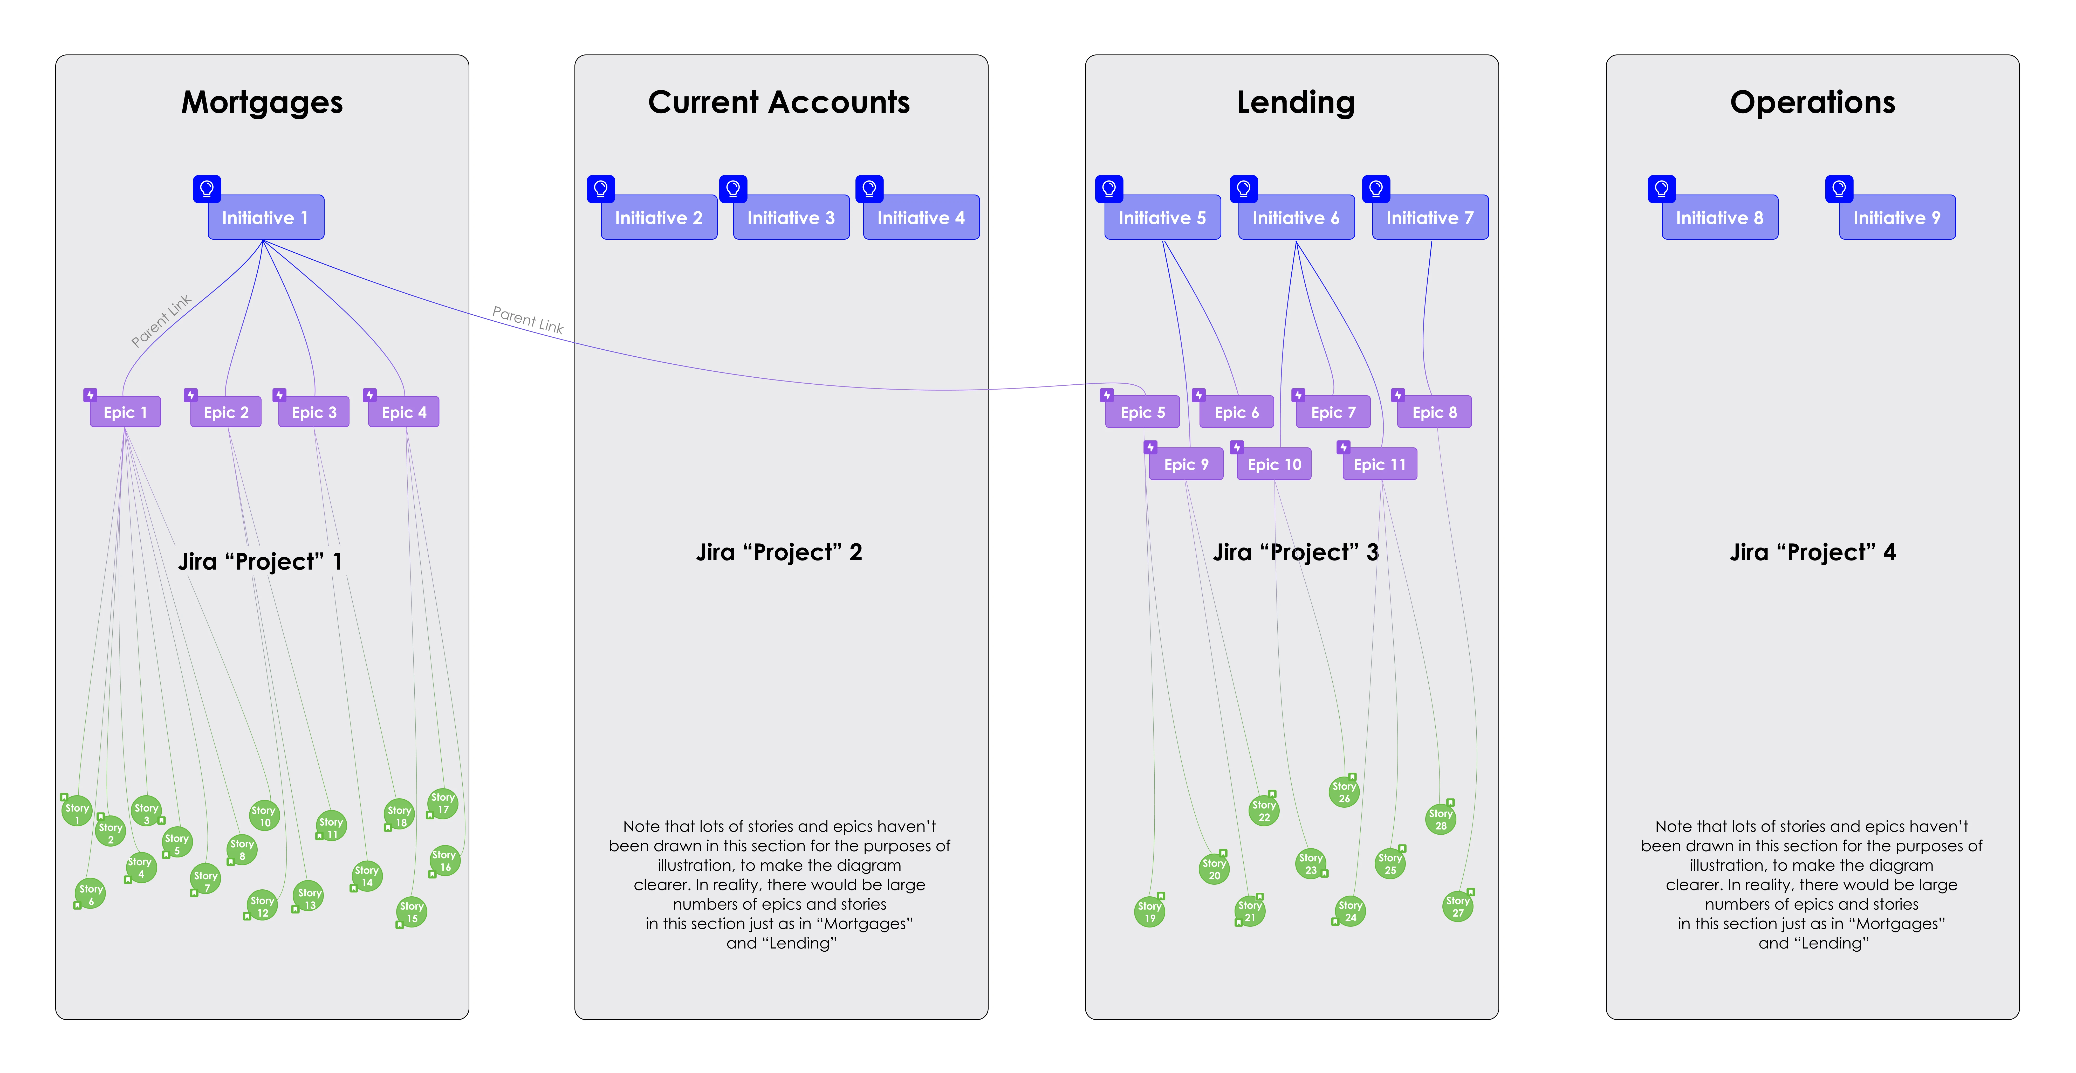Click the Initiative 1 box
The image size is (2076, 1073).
coord(266,218)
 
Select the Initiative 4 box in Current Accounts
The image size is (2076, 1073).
coord(921,218)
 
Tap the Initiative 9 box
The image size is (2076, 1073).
coord(1897,218)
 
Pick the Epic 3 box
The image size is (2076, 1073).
coord(313,412)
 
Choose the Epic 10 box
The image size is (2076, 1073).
coord(1274,464)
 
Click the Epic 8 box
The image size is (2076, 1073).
coord(1435,412)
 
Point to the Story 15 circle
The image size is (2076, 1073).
coord(412,912)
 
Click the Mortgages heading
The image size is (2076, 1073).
coord(262,102)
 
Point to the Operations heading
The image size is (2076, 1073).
coord(1812,102)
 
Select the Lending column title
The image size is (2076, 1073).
coord(1296,102)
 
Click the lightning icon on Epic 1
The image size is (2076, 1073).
coord(90,395)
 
